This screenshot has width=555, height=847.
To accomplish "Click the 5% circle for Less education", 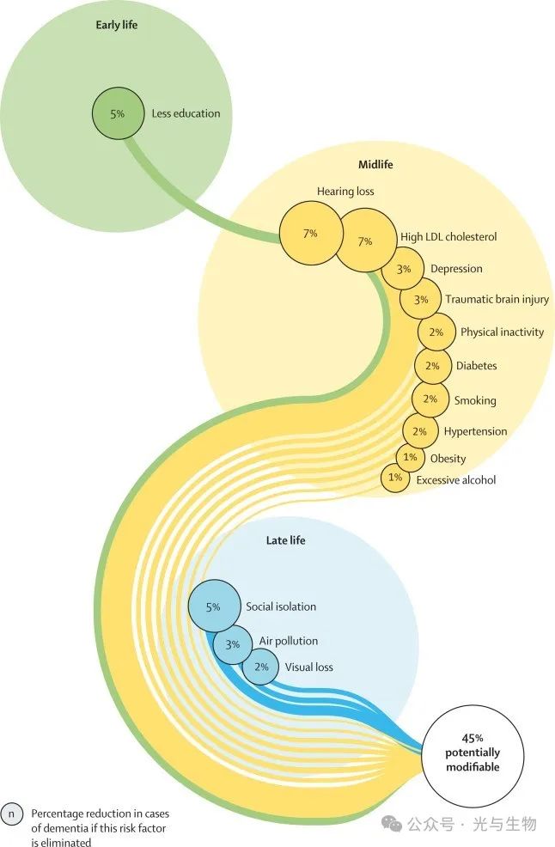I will pyautogui.click(x=118, y=113).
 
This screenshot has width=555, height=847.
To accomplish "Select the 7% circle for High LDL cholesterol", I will pyautogui.click(x=364, y=241).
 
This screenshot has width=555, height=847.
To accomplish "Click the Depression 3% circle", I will pyautogui.click(x=404, y=269).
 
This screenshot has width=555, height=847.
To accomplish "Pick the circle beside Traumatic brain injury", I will pyautogui.click(x=420, y=300).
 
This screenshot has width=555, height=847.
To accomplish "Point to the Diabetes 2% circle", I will pyautogui.click(x=433, y=366).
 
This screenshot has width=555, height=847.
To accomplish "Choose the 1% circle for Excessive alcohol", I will pyautogui.click(x=395, y=478).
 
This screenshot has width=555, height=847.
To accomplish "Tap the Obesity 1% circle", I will pyautogui.click(x=410, y=457).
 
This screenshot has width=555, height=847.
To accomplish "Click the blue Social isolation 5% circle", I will pyautogui.click(x=212, y=606).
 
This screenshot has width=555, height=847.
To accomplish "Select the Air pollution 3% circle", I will pyautogui.click(x=232, y=643).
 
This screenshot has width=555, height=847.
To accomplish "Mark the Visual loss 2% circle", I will pyautogui.click(x=260, y=667).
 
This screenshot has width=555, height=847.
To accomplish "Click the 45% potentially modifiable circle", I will pyautogui.click(x=472, y=753).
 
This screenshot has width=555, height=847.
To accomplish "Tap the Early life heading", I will pyautogui.click(x=117, y=25).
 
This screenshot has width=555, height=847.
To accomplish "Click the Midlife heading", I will pyautogui.click(x=375, y=164).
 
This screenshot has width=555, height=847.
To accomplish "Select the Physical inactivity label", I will pyautogui.click(x=502, y=332).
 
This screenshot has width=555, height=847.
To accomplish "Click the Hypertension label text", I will pyautogui.click(x=475, y=431).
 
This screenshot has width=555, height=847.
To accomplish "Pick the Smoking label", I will pyautogui.click(x=475, y=399).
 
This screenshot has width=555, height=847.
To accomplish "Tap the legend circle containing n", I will pyautogui.click(x=12, y=812).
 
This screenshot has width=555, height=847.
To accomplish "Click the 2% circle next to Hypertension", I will pyautogui.click(x=420, y=431).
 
